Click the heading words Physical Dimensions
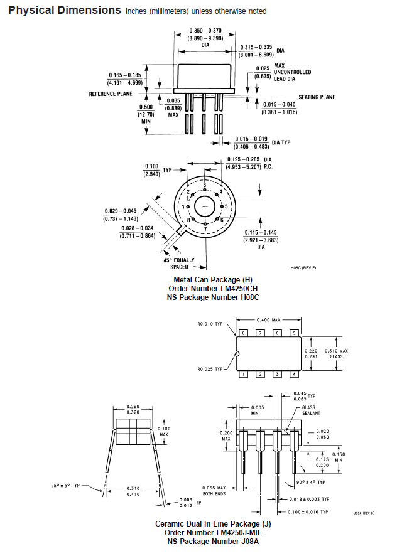pyautogui.click(x=65, y=10)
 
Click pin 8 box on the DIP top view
pyautogui.click(x=243, y=333)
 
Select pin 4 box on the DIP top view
pyautogui.click(x=294, y=374)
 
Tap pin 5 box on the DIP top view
pyautogui.click(x=294, y=333)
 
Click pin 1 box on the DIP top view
pyautogui.click(x=243, y=374)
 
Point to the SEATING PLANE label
pyautogui.click(x=317, y=97)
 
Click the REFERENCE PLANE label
pyautogui.click(x=111, y=94)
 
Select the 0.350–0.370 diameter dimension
pyautogui.click(x=205, y=31)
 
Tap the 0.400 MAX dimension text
pyautogui.click(x=268, y=320)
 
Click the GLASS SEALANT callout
pyautogui.click(x=311, y=410)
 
